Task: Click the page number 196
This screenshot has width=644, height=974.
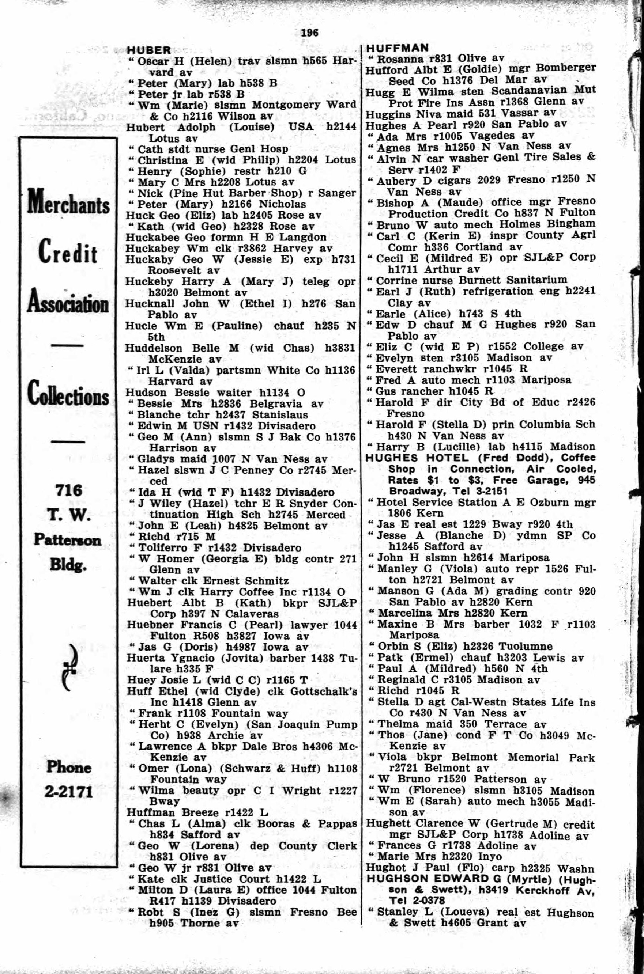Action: click(x=310, y=33)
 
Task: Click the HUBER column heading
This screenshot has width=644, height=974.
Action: click(x=149, y=50)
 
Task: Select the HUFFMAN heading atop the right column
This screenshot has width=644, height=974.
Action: click(x=397, y=48)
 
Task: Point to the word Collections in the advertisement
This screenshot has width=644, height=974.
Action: click(x=68, y=394)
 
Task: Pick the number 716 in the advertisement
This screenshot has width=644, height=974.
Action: click(x=69, y=490)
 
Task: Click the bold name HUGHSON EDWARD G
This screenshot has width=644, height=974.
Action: click(x=428, y=879)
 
